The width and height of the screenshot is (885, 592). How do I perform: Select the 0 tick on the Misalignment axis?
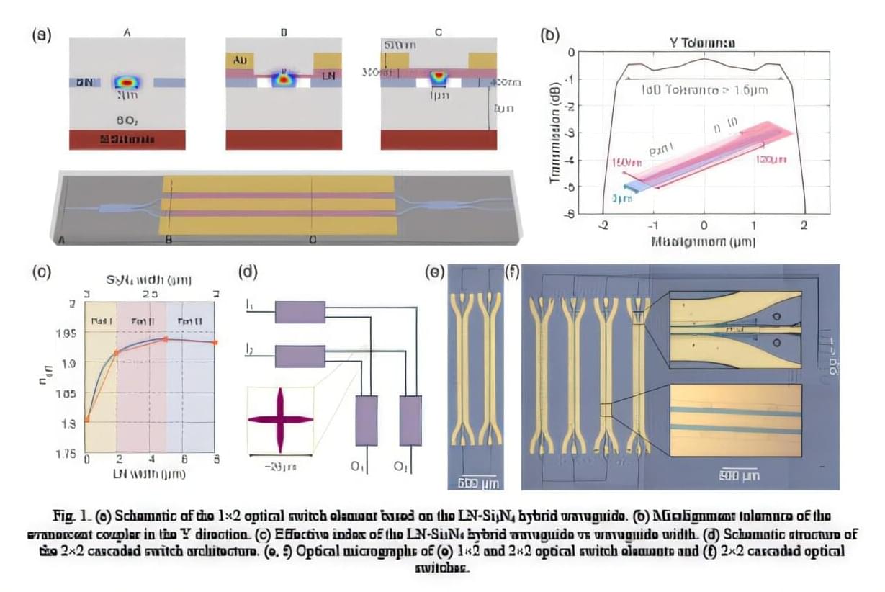tap(704, 225)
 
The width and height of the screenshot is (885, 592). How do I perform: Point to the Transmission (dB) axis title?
tap(555, 133)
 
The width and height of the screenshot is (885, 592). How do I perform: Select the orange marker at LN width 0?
tap(87, 419)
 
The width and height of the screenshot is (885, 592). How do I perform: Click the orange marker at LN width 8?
tap(215, 342)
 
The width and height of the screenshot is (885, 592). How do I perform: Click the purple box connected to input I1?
tap(300, 312)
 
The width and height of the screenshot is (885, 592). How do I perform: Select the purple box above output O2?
tap(410, 421)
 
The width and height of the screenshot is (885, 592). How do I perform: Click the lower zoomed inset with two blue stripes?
tap(735, 420)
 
